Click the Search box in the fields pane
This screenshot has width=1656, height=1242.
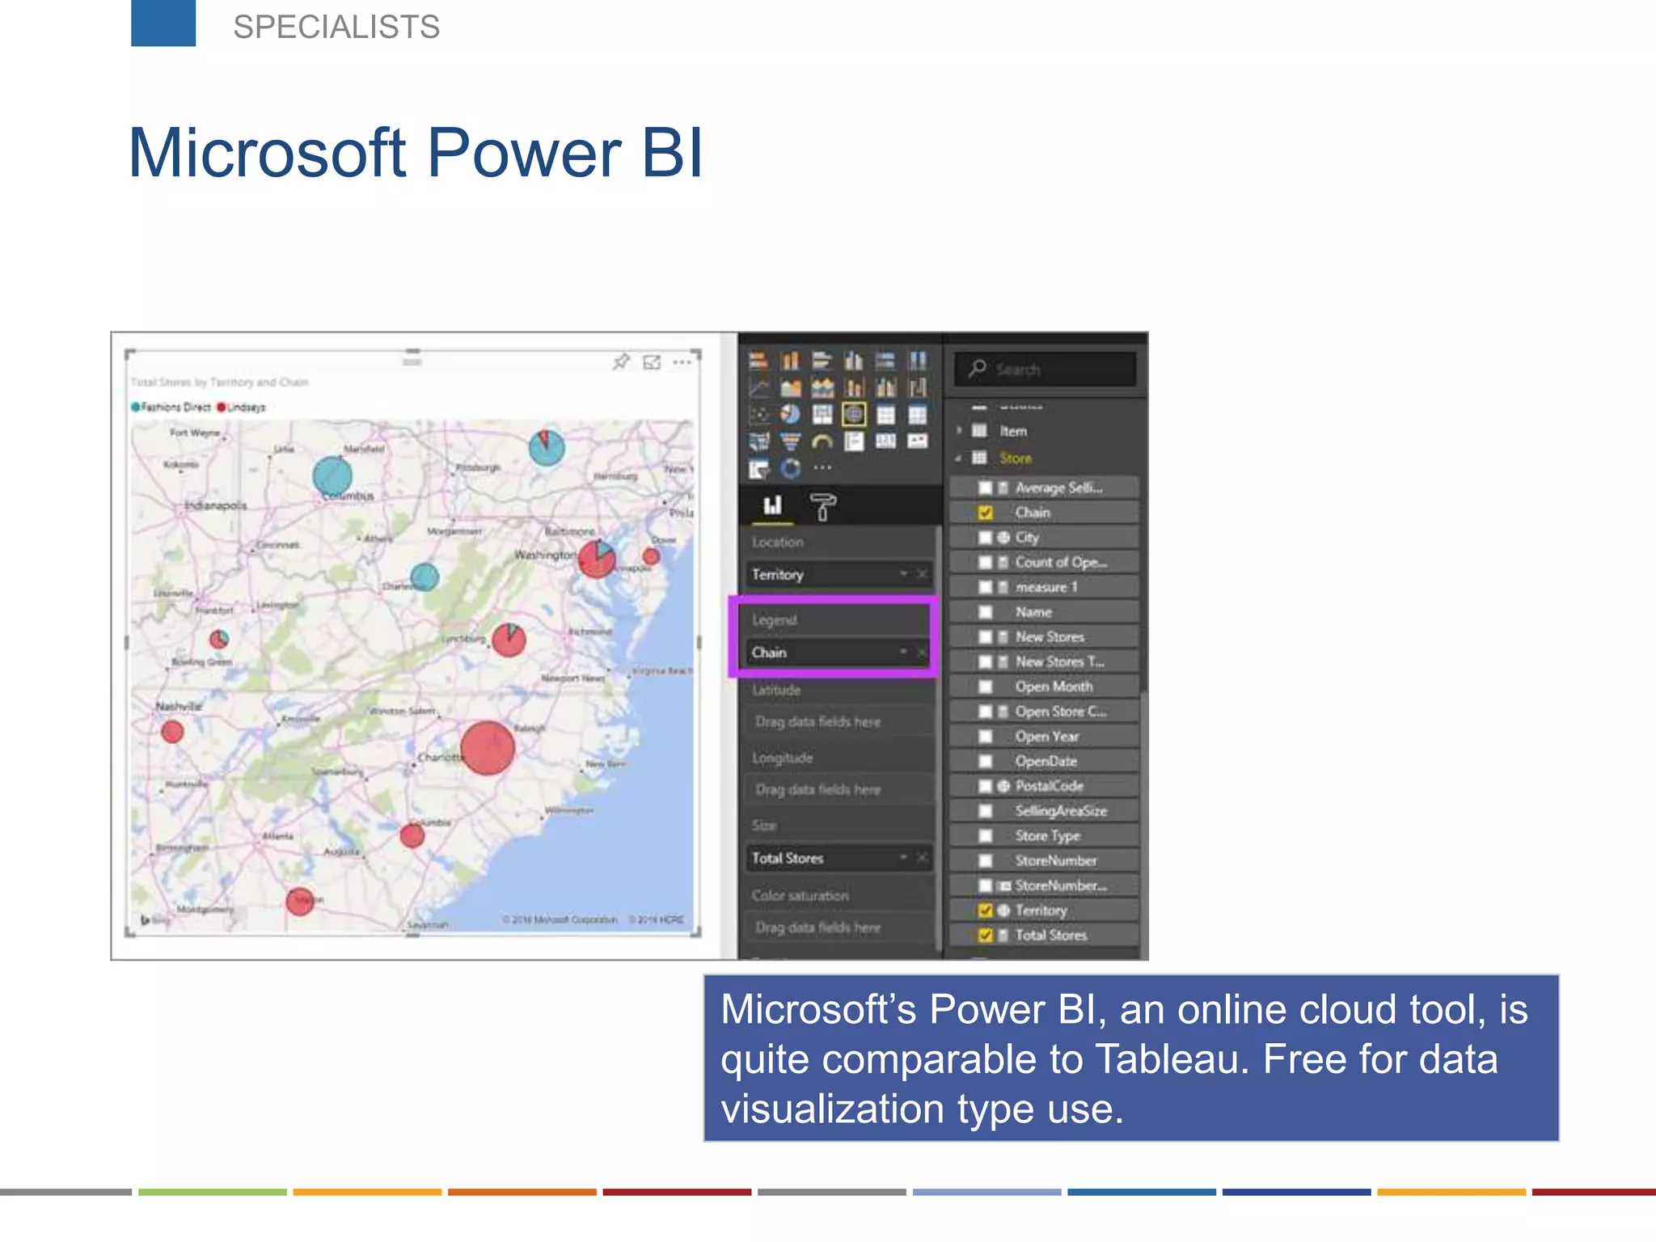(x=1045, y=370)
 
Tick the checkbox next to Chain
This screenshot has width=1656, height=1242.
(x=986, y=513)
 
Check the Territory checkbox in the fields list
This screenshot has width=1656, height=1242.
(x=986, y=910)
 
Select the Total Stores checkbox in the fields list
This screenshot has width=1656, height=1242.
(x=986, y=936)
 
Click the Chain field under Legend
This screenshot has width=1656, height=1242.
(x=825, y=653)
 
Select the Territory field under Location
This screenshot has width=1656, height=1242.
(x=825, y=575)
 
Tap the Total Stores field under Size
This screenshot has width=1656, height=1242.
(x=825, y=859)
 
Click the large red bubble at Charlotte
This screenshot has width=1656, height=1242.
(x=488, y=748)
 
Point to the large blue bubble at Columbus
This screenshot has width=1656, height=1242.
(x=332, y=476)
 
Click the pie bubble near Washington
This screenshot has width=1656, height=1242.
(x=597, y=559)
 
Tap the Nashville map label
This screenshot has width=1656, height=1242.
(x=179, y=707)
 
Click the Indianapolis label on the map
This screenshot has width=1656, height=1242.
(x=216, y=506)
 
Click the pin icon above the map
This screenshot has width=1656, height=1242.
(x=621, y=361)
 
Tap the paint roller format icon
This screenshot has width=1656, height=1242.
(x=822, y=507)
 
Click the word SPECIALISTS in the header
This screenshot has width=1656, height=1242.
(x=336, y=27)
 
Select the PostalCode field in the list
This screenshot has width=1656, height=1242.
(x=1049, y=786)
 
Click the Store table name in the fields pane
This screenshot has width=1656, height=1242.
(x=1016, y=458)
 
